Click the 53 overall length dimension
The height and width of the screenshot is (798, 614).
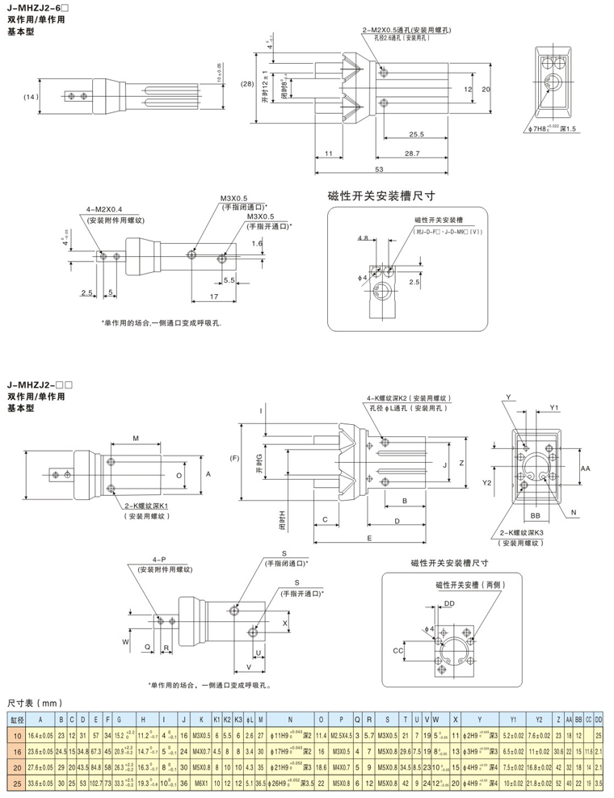379,168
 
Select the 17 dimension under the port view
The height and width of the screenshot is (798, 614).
212,296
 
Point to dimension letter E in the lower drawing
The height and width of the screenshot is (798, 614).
368,536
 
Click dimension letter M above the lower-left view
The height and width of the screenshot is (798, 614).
136,437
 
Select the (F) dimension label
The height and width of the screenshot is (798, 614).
233,459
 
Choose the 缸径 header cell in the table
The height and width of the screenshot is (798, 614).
16,718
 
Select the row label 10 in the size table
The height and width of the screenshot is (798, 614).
16,735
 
